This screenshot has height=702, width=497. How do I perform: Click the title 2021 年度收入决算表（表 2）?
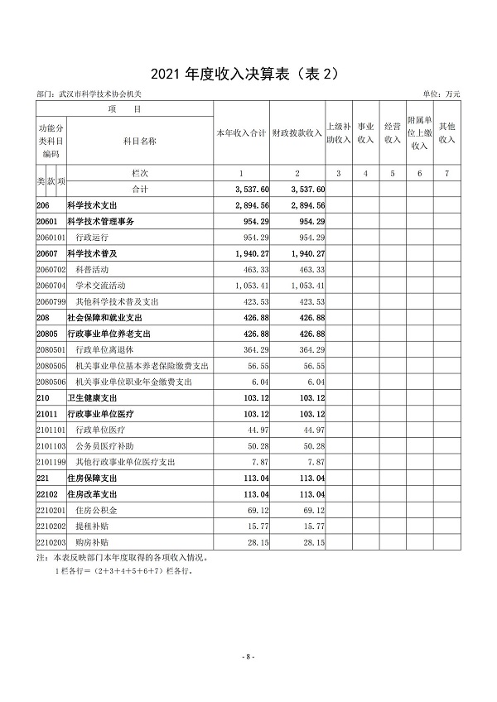248,75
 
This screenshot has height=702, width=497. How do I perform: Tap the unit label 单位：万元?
441,96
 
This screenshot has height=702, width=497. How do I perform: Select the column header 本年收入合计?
240,133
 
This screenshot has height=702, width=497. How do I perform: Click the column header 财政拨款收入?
296,133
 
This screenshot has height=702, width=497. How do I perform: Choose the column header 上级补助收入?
338,133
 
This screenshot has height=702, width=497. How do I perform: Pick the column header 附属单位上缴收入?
419,133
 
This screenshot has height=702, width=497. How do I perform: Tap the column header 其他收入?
447,133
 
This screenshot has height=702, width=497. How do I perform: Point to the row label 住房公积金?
95,510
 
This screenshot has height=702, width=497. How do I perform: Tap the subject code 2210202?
51,526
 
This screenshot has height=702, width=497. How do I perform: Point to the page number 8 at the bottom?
248,656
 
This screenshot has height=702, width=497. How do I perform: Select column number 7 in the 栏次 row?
447,174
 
